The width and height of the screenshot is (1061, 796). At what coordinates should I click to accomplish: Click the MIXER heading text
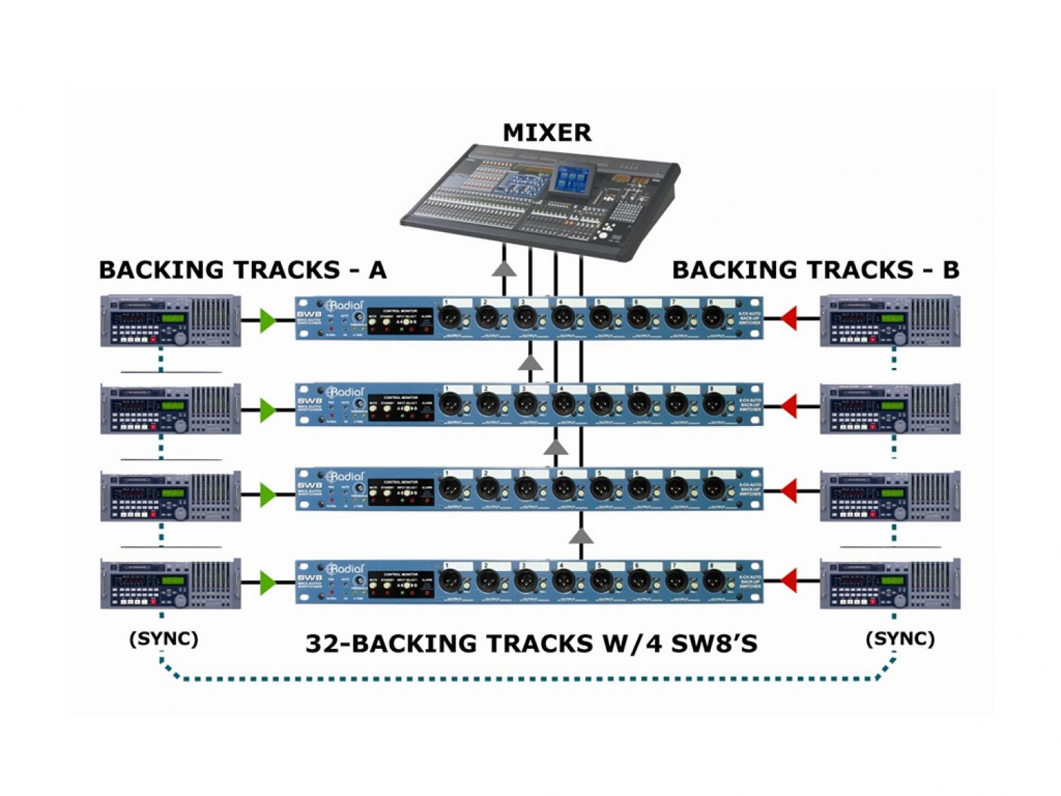coord(547,132)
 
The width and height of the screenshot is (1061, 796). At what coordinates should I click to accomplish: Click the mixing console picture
coord(541,198)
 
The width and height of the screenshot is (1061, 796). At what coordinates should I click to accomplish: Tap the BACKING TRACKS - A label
coord(243,270)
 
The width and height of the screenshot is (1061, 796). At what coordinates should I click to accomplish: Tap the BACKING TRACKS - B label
coord(815,270)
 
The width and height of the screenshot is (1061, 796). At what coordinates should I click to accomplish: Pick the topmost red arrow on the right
coord(788,319)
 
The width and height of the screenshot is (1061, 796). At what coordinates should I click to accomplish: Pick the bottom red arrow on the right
coord(788,582)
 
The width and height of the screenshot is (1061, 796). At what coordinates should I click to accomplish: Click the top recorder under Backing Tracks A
coord(170,321)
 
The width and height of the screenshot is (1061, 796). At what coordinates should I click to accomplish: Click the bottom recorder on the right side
coord(890,583)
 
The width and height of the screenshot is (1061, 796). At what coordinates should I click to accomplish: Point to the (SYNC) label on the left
coord(163,639)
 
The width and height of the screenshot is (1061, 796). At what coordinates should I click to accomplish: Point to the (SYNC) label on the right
coord(900,639)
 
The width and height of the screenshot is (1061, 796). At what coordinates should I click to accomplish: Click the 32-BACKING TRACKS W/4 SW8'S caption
coord(531,644)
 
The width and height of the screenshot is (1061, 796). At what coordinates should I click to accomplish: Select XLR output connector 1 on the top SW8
coord(450,318)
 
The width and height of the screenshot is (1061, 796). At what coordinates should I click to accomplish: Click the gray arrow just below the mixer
coord(504,268)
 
